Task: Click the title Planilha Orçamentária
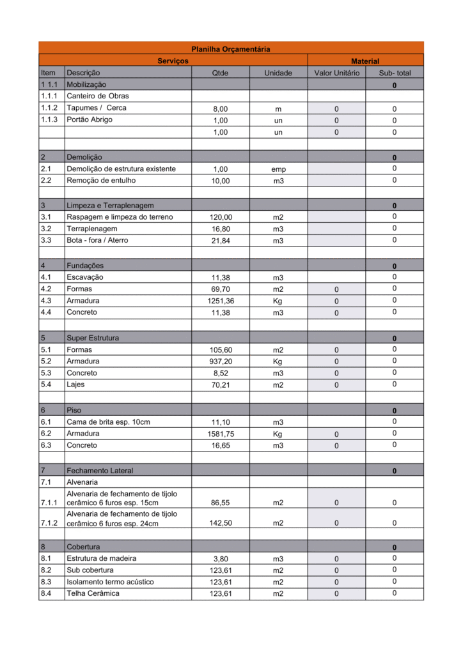(231, 49)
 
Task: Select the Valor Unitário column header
(336, 73)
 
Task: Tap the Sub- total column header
(395, 73)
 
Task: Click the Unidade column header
(278, 73)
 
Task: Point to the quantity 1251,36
(220, 301)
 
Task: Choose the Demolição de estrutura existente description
(121, 169)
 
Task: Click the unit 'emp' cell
(278, 169)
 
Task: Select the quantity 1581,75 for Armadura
(220, 434)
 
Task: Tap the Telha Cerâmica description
(93, 593)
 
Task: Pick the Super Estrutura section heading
(93, 337)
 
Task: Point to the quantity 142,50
(220, 523)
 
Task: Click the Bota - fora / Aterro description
(97, 240)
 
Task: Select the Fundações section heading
(85, 265)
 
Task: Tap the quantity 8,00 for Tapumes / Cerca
(220, 109)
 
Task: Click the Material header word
(365, 61)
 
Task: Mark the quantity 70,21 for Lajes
(220, 385)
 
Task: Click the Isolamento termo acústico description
(110, 582)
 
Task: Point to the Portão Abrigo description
(90, 119)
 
